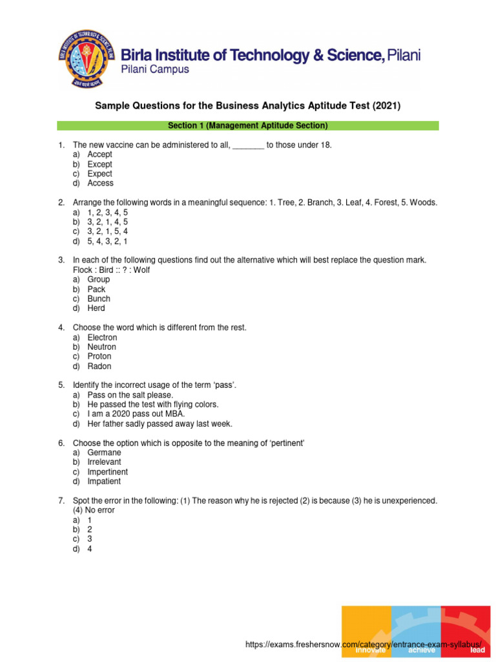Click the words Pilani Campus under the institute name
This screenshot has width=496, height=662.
pyautogui.click(x=155, y=70)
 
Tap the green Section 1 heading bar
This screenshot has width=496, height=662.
pyautogui.click(x=247, y=125)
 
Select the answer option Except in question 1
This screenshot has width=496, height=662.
pyautogui.click(x=99, y=164)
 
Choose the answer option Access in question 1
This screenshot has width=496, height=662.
pyautogui.click(x=100, y=183)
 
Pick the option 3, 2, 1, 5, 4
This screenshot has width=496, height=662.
pyautogui.click(x=108, y=231)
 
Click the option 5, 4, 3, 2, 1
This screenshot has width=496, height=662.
pyautogui.click(x=108, y=241)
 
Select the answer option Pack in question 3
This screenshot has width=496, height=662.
pyautogui.click(x=96, y=289)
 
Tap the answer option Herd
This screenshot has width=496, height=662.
pyautogui.click(x=96, y=308)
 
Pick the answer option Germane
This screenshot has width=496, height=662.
pyautogui.click(x=104, y=453)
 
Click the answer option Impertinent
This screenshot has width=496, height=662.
pyautogui.click(x=107, y=472)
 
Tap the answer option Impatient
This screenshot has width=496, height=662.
pyautogui.click(x=104, y=482)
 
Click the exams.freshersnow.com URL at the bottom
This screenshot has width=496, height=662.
pyautogui.click(x=364, y=645)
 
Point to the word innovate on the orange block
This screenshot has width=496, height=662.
pyautogui.click(x=370, y=650)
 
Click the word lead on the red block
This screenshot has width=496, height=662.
pyautogui.click(x=477, y=650)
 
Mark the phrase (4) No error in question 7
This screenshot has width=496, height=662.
pyautogui.click(x=94, y=510)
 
